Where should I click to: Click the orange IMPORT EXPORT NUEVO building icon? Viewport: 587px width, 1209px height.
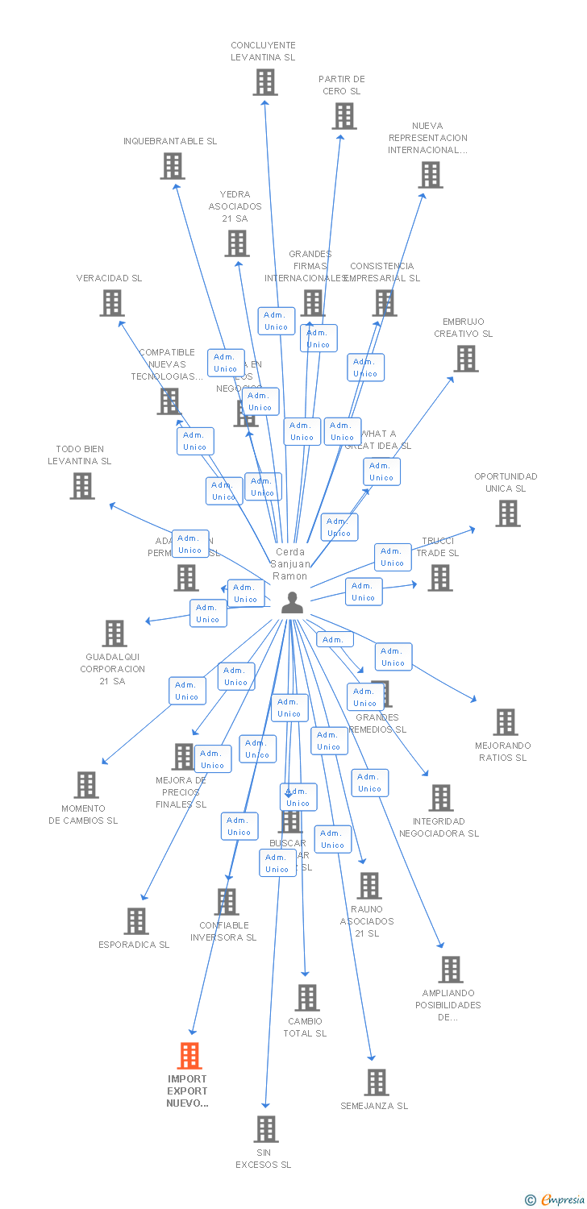tap(189, 1055)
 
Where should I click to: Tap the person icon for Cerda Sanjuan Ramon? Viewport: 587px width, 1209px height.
tap(292, 602)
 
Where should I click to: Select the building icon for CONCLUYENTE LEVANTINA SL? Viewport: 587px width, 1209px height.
tap(264, 82)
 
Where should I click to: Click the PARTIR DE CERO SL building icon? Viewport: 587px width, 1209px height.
tap(344, 116)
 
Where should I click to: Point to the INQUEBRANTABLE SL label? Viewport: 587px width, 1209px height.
tap(170, 141)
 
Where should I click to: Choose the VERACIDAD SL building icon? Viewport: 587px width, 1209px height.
tap(111, 303)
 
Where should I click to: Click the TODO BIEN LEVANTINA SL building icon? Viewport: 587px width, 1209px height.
tap(82, 486)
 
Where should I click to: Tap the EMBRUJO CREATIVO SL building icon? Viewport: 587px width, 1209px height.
tap(466, 359)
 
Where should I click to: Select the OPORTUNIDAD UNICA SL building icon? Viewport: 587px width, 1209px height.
tap(507, 513)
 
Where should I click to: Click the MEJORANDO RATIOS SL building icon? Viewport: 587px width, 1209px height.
tap(506, 722)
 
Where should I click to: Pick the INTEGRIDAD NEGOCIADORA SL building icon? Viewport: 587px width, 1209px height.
tap(440, 798)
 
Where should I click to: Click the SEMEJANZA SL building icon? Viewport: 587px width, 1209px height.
tap(376, 1082)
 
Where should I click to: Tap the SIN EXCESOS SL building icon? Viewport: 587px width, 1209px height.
tap(266, 1129)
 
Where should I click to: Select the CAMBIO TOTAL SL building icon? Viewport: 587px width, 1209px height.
tap(306, 998)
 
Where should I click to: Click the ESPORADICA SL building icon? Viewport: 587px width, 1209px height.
tap(136, 921)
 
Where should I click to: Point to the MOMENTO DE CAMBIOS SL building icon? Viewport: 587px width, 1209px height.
tap(85, 785)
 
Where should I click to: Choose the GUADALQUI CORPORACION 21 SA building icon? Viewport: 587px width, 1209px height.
tap(114, 634)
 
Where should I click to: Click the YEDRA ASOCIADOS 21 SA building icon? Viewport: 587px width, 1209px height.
tap(237, 243)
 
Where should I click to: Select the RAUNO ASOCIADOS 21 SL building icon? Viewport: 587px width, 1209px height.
tap(368, 886)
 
